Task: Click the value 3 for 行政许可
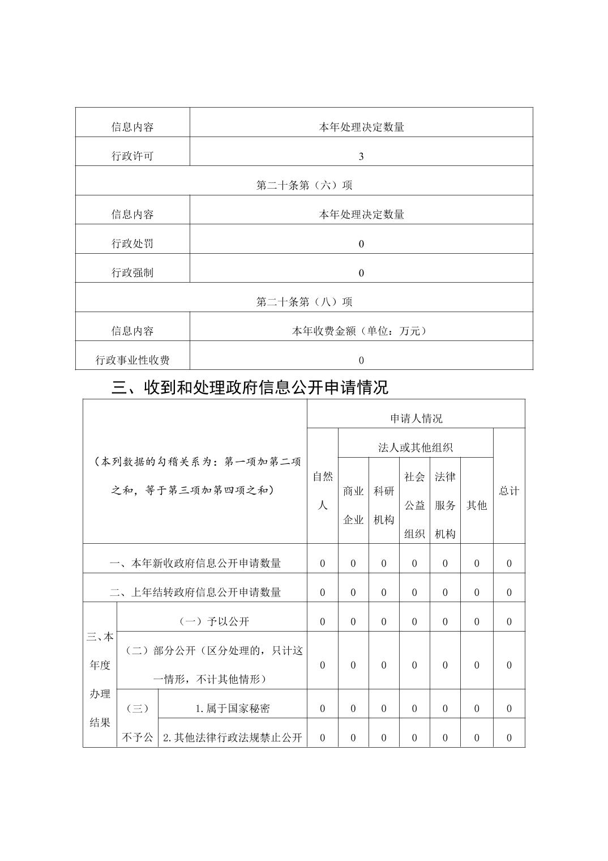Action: pos(361,156)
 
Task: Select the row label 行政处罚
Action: pos(132,244)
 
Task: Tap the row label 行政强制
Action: pos(132,272)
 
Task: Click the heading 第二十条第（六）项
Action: pos(305,185)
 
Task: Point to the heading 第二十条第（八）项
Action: pos(305,302)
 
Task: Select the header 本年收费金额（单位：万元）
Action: pos(361,331)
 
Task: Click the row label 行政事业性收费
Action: pos(132,360)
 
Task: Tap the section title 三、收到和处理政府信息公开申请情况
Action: pos(250,387)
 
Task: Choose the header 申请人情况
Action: pos(416,419)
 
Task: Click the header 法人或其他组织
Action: pos(416,447)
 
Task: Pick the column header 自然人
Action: pos(323,491)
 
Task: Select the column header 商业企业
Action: pos(353,505)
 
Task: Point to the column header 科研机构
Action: pos(384,505)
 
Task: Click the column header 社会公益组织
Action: pos(414,505)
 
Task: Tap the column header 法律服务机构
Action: pos(445,505)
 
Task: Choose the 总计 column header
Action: pos(509,491)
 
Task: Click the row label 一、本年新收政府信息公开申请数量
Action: pos(195,563)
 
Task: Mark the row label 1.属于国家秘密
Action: pos(233,709)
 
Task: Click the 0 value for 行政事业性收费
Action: pos(361,360)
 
